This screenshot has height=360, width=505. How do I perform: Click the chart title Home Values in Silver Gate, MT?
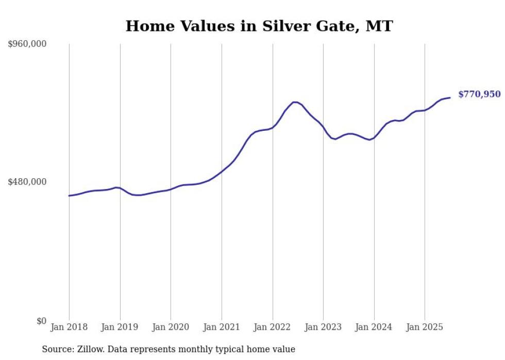259,26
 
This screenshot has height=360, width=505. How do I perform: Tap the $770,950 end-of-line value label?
479,94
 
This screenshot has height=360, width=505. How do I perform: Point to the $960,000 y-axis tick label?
27,44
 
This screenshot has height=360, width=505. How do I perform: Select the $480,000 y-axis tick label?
27,182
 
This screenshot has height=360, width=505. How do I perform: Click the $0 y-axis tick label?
41,321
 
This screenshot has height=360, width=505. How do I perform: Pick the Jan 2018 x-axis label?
69,327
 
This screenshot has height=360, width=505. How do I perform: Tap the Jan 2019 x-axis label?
120,327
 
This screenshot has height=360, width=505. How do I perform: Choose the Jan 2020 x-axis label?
171,327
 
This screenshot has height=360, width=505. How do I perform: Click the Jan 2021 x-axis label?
222,327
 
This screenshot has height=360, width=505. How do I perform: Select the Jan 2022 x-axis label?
273,327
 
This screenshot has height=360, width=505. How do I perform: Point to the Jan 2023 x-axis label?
323,327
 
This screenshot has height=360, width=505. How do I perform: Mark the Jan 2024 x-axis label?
374,327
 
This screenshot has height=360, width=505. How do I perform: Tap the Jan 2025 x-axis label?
425,327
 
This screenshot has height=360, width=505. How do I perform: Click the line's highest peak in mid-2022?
295,102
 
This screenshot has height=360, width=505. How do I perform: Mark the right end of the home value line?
450,97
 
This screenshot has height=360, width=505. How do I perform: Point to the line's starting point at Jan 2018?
69,196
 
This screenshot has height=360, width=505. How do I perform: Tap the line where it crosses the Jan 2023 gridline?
323,127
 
